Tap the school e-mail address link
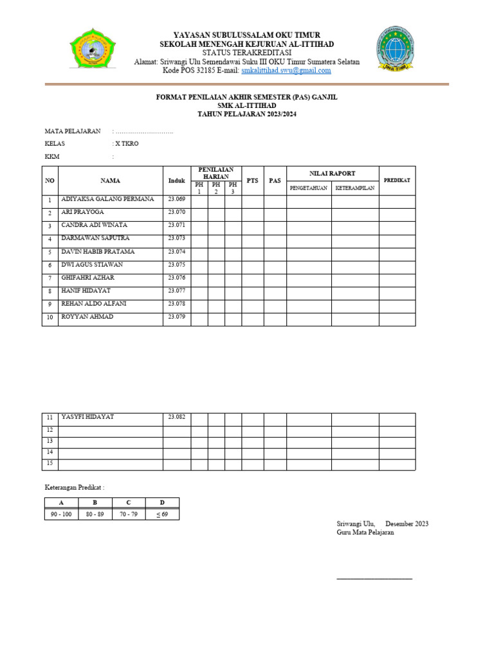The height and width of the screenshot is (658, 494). coord(286,71)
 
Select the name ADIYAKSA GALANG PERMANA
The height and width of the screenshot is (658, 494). coord(107,199)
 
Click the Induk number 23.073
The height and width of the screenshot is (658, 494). coord(176,238)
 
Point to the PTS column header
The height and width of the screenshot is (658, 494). coord(253,181)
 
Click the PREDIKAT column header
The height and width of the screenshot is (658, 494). coord(397,181)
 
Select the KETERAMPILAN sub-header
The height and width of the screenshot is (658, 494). coord(355,188)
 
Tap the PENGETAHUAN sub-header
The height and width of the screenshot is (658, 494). coord(309,188)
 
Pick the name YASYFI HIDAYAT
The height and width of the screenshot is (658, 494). coord(87,417)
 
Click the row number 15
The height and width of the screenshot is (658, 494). coord(50,463)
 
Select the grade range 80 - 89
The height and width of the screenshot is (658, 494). coord(95,514)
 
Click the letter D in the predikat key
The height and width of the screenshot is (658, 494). coord(163,503)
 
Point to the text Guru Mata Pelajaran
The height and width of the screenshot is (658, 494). coord(365,533)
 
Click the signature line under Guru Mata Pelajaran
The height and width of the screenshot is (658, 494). coord(374,579)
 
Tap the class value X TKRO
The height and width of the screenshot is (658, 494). coord(126,143)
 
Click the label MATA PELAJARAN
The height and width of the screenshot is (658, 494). coord(72,131)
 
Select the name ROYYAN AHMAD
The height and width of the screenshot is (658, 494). coord(87,317)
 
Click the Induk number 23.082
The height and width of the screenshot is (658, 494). coord(176,417)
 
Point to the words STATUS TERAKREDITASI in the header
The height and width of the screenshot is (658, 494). coord(246,52)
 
